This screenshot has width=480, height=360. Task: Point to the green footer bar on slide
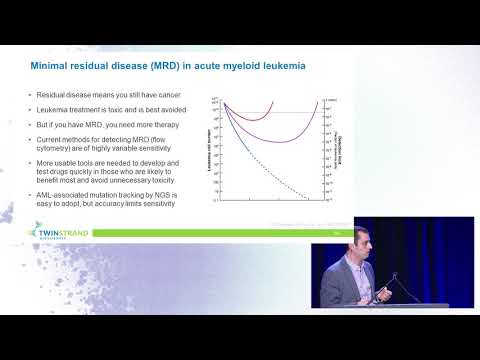tap(200, 234)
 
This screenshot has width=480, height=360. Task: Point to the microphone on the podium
tap(377, 270)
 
